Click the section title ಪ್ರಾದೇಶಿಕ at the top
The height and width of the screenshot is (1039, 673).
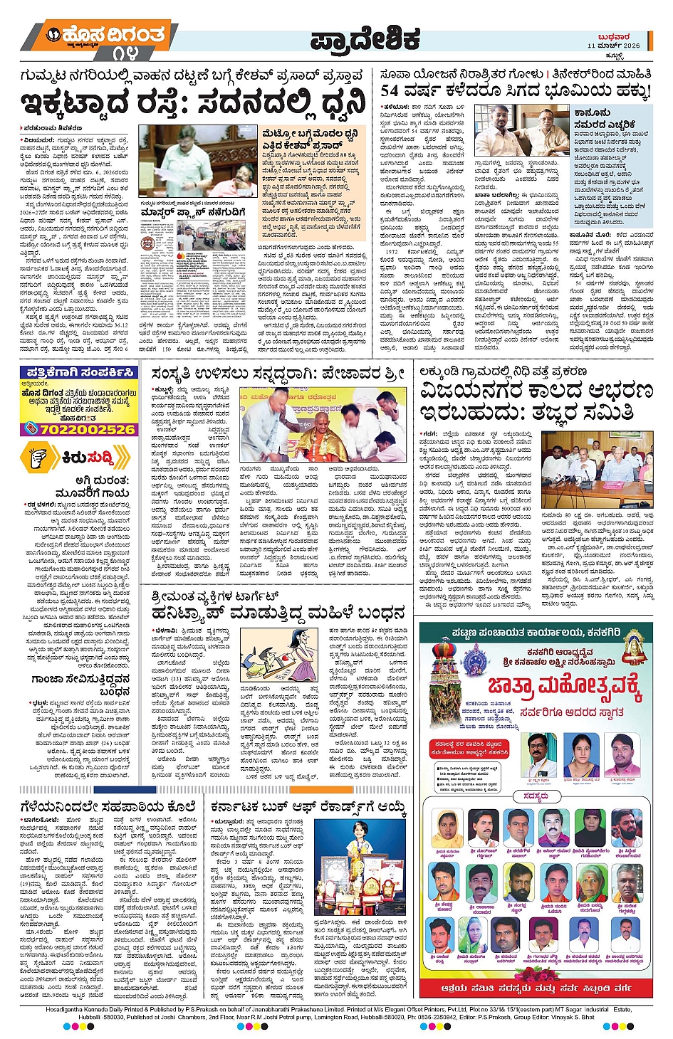coord(365,41)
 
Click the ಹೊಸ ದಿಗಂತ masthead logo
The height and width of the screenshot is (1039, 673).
coord(105,35)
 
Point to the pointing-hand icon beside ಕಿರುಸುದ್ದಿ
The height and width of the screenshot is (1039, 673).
coord(42,458)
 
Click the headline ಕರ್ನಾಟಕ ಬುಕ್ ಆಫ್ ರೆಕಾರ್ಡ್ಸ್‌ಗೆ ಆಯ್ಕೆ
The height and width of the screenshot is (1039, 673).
coord(308,808)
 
